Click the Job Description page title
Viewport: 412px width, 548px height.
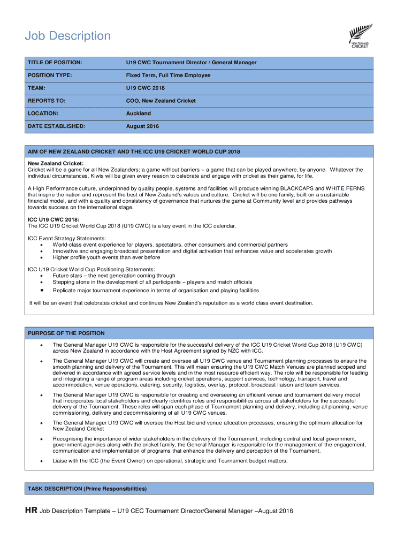pos(68,36)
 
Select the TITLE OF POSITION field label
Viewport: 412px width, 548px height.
pos(55,63)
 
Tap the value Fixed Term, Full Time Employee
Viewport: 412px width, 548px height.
pos(168,75)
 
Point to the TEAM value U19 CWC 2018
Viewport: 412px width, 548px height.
pos(145,88)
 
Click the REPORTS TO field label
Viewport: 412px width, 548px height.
pos(47,101)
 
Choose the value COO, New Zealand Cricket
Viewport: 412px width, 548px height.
pos(161,101)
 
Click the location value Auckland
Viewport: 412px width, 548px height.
pos(138,113)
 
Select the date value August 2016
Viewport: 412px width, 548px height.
pos(142,126)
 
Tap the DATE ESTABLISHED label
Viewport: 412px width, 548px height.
pos(56,126)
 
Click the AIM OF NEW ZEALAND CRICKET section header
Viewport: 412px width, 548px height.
pos(134,152)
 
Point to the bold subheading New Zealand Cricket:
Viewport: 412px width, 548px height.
pos(56,164)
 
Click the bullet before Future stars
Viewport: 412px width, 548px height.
pos(42,276)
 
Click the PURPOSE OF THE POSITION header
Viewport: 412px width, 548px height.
pos(66,333)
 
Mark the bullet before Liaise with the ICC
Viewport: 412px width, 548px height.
pos(42,461)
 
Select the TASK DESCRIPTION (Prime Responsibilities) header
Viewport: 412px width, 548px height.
pos(87,489)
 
